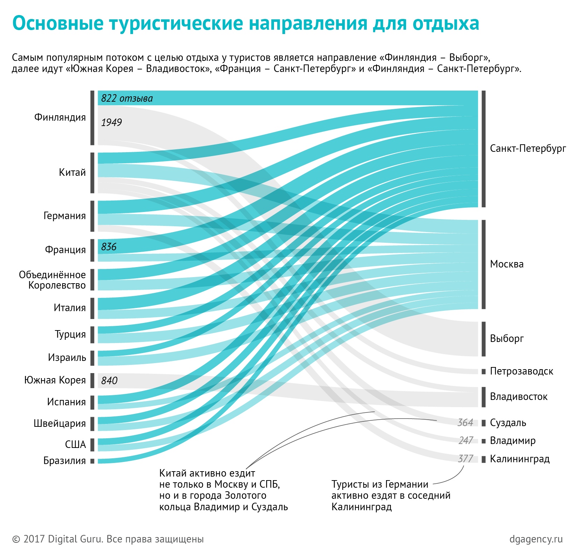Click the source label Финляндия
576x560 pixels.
pyautogui.click(x=60, y=117)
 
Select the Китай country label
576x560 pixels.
pyautogui.click(x=72, y=173)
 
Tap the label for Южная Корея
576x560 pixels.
pyautogui.click(x=55, y=380)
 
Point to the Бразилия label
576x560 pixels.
pyautogui.click(x=65, y=461)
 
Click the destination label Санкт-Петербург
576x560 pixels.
pyautogui.click(x=528, y=149)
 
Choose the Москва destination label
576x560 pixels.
pyautogui.click(x=507, y=264)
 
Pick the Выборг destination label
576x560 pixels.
pyautogui.click(x=507, y=339)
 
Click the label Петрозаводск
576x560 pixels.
pyautogui.click(x=521, y=371)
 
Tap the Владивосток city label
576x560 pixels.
pyautogui.click(x=518, y=397)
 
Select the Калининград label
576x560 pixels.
pyautogui.click(x=519, y=459)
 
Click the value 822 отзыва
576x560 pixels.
pyautogui.click(x=127, y=98)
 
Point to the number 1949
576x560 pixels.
pyautogui.click(x=112, y=123)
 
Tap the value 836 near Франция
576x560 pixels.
pyautogui.click(x=109, y=247)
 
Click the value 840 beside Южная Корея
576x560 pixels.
pyautogui.click(x=109, y=381)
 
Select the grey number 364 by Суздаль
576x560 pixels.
pyautogui.click(x=465, y=423)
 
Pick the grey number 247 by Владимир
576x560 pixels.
pyautogui.click(x=466, y=441)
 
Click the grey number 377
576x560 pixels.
pyautogui.click(x=465, y=459)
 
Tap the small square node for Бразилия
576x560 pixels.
pyautogui.click(x=92, y=461)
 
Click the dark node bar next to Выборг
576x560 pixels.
pyautogui.click(x=484, y=339)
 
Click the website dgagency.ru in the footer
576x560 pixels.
pyautogui.click(x=536, y=539)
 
